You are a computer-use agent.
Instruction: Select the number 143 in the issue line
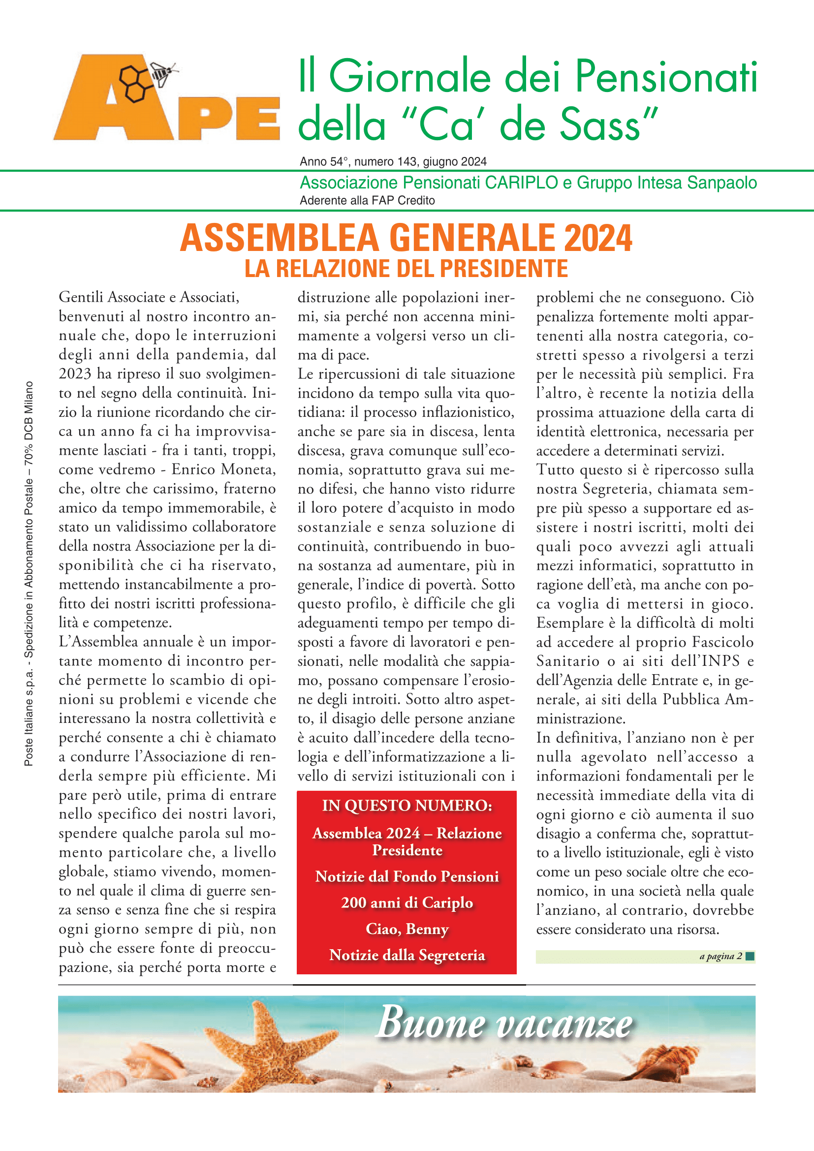tap(407, 161)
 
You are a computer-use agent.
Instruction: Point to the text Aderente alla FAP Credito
tap(367, 200)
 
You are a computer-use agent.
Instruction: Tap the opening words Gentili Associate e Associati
tap(149, 297)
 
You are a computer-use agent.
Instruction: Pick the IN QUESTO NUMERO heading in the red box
tap(407, 805)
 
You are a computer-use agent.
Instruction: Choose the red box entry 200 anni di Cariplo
tap(407, 902)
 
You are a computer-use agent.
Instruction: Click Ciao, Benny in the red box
tap(407, 929)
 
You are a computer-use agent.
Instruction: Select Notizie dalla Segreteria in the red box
tap(407, 955)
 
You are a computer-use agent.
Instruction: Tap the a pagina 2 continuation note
tap(720, 956)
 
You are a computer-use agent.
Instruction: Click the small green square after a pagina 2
tap(750, 956)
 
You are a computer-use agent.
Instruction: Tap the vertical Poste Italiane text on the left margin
tap(29, 573)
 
